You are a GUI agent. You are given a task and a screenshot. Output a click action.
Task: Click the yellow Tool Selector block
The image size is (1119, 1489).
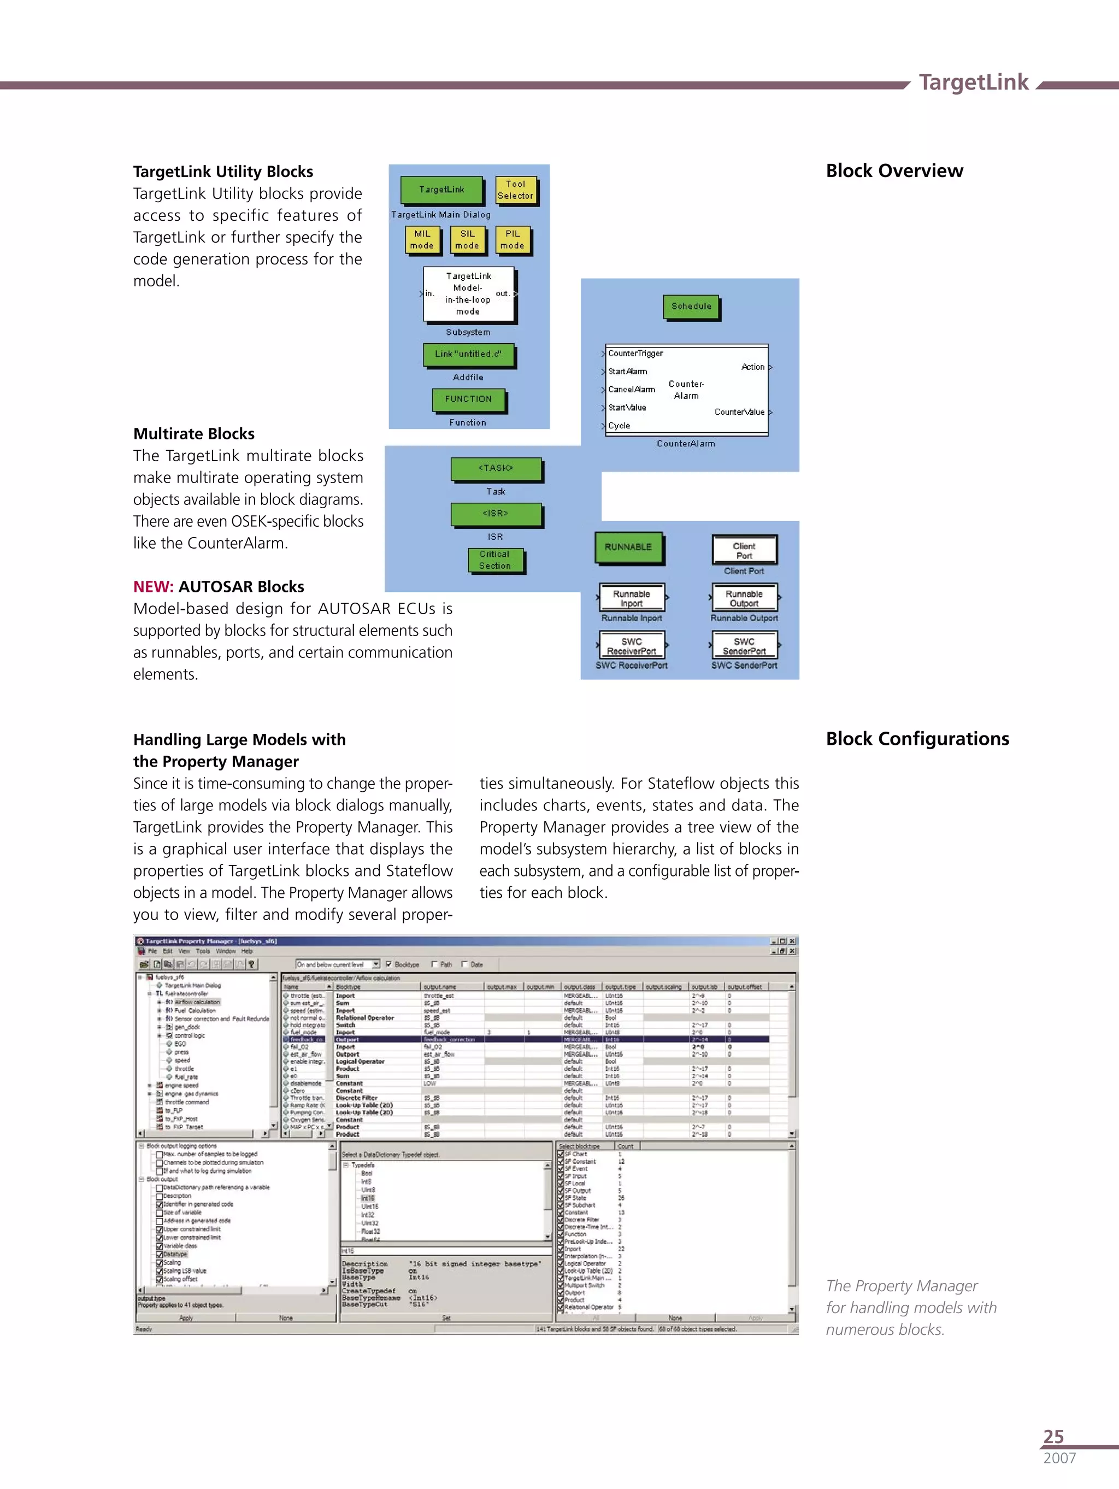click(x=515, y=190)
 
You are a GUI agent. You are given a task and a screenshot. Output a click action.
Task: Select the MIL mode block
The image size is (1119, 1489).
click(x=422, y=240)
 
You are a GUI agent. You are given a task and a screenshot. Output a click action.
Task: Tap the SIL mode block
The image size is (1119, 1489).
click(x=467, y=240)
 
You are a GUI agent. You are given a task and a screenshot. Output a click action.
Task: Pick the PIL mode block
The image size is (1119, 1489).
click(x=513, y=240)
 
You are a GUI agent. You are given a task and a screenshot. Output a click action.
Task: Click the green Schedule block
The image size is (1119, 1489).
click(x=691, y=307)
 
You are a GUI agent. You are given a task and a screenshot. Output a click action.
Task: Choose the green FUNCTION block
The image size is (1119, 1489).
click(x=469, y=399)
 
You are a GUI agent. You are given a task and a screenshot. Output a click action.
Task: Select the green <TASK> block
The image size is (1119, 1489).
click(x=496, y=468)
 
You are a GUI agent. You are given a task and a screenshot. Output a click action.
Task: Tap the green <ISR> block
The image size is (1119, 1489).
click(x=496, y=514)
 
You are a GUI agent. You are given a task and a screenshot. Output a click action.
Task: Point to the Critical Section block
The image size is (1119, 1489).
click(x=495, y=560)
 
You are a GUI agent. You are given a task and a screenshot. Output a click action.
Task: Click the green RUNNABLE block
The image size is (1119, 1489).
click(x=628, y=548)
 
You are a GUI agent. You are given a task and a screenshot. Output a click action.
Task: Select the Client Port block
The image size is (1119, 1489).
click(x=744, y=551)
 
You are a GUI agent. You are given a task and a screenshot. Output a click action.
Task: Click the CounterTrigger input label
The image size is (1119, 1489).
click(x=635, y=354)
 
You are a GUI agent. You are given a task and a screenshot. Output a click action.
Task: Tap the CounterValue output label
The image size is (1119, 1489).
click(x=739, y=412)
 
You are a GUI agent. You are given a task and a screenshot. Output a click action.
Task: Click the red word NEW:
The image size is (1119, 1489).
click(x=154, y=586)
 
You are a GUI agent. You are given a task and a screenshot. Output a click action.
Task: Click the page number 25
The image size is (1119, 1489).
click(x=1053, y=1436)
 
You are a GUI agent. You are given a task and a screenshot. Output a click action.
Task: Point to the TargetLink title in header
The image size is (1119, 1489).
click(x=973, y=82)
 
